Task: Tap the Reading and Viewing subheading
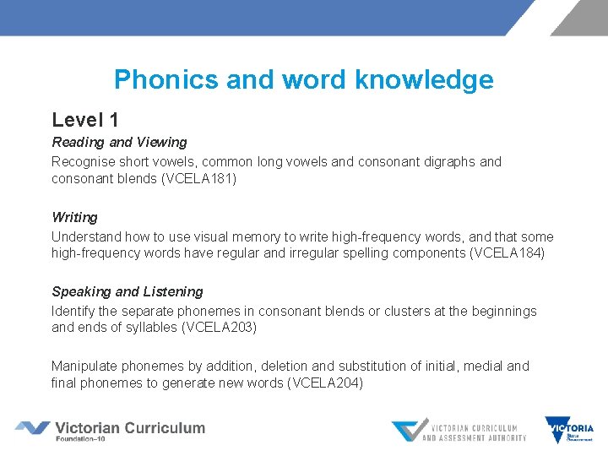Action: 119,142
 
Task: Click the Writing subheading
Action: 74,217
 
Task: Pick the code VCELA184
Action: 508,253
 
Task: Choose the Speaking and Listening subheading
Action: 128,291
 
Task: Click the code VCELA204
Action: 326,383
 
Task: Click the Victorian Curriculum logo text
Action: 129,428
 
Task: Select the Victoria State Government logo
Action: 569,429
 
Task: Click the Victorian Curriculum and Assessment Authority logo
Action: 459,431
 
